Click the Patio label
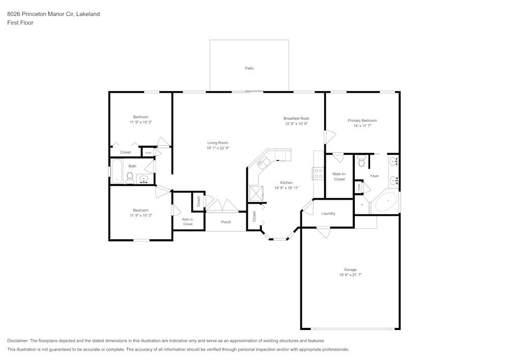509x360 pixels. point(249,68)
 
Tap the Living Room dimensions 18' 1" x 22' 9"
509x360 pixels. point(217,148)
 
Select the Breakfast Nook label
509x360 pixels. point(296,118)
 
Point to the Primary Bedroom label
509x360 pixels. point(362,121)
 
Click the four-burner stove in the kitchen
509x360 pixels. point(319,173)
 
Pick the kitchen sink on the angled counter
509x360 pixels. point(264,162)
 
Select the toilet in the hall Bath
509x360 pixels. point(130,177)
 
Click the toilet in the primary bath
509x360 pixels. point(362,162)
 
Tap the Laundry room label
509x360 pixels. point(328,213)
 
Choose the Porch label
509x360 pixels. point(226,222)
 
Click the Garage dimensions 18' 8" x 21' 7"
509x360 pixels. point(350,274)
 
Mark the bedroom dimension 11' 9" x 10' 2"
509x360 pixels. point(140,122)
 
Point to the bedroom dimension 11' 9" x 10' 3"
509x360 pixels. point(140,215)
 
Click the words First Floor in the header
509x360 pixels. point(20,23)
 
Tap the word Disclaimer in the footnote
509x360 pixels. point(18,340)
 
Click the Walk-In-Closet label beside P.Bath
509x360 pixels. point(339,177)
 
